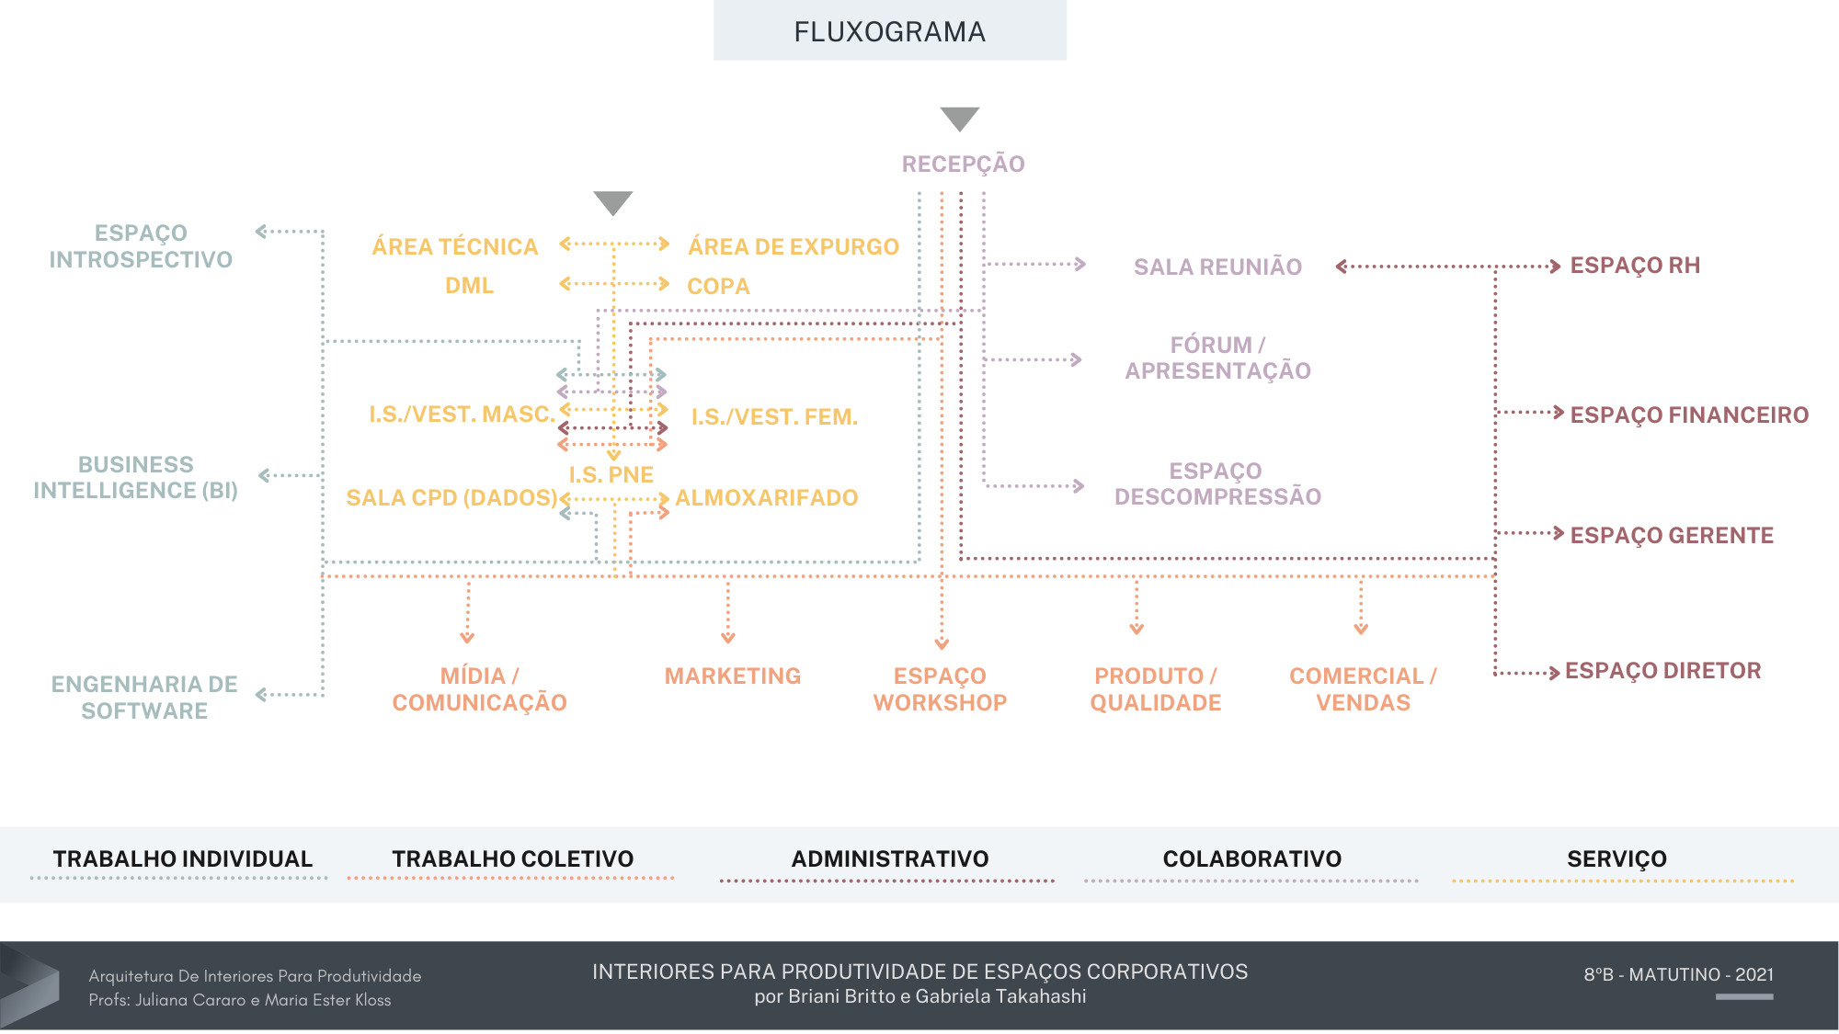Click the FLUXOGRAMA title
[x=889, y=32]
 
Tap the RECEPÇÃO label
[x=963, y=165]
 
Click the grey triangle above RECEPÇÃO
[x=959, y=119]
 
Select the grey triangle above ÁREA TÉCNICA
[x=612, y=202]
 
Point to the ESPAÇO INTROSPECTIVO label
[x=141, y=246]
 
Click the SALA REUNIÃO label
[x=1217, y=267]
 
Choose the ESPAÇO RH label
[x=1635, y=266]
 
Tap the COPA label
[x=718, y=287]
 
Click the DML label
[x=469, y=286]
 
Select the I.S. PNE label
[x=611, y=475]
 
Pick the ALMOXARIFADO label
[x=766, y=498]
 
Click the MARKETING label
[x=733, y=676]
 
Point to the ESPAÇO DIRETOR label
[x=1662, y=671]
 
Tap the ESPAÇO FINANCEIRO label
[x=1689, y=415]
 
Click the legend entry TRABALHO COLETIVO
[x=512, y=859]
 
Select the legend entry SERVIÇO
[x=1616, y=859]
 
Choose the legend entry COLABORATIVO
[x=1251, y=859]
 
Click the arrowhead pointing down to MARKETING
[x=728, y=638]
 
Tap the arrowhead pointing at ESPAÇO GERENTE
[x=1558, y=533]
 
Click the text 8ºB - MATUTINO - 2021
[x=1678, y=975]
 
